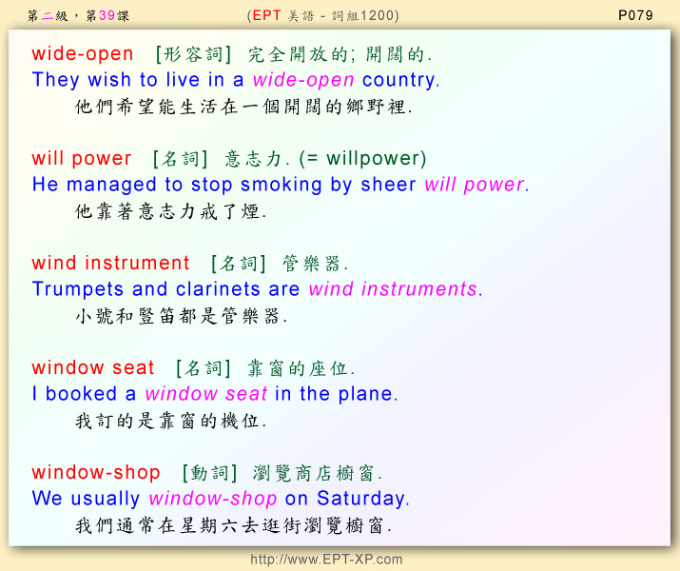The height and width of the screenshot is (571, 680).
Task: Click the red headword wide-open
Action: point(83,54)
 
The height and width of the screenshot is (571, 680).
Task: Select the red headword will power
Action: point(82,159)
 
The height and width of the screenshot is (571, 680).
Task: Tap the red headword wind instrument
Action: point(110,263)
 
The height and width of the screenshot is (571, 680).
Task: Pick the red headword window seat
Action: point(93,368)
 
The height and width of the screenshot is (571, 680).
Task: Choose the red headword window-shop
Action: point(96,473)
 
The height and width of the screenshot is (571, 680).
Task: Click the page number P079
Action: point(635,15)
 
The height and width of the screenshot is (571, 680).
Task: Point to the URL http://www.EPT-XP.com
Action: point(326,559)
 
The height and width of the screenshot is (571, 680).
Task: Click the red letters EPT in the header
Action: point(266,15)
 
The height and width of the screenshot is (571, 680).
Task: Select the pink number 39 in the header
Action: point(107,15)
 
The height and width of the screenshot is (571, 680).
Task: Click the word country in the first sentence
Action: point(399,80)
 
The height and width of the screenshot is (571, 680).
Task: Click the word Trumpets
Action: point(78,290)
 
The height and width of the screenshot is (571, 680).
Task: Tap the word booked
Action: point(81,394)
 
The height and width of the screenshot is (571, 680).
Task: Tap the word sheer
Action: point(388,186)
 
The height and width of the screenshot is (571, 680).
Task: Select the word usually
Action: point(106,499)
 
